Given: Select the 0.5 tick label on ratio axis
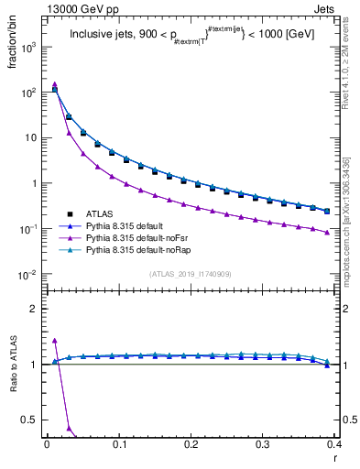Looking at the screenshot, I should coord(32,420).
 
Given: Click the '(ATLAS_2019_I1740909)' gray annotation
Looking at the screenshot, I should coord(190,274).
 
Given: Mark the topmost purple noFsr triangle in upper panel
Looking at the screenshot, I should coord(55,84).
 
